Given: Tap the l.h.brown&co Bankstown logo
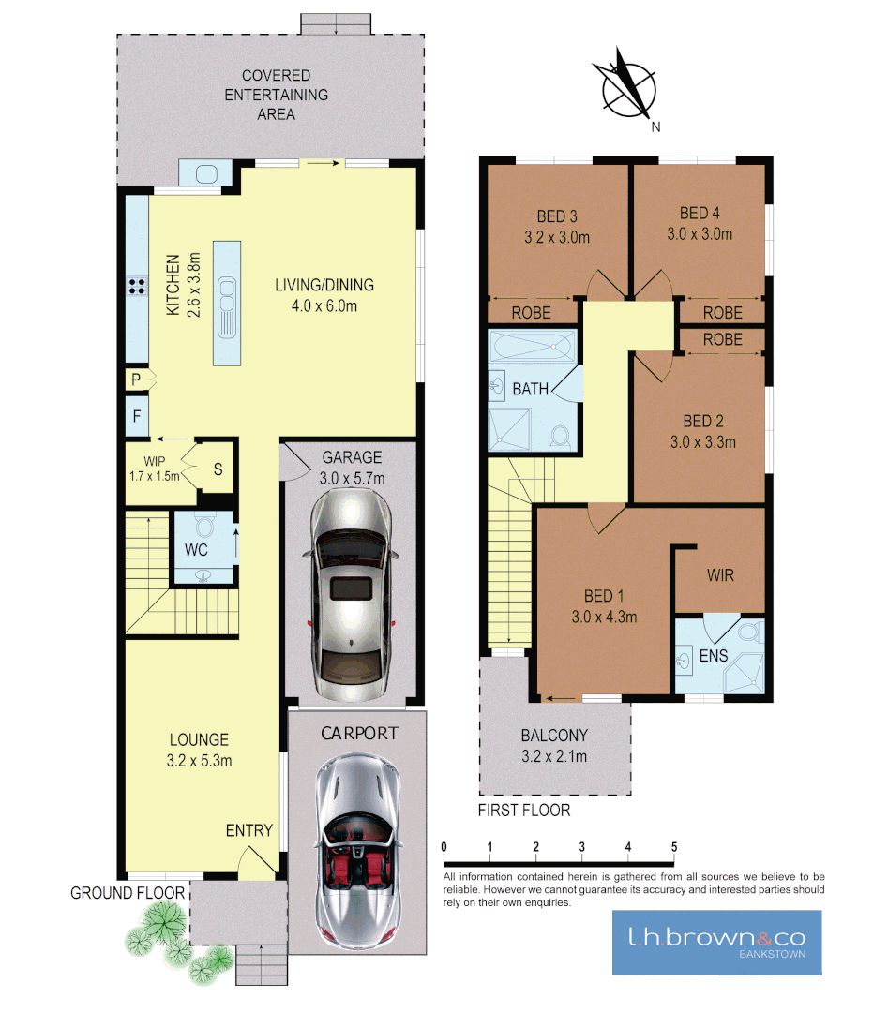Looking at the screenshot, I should point(716,942).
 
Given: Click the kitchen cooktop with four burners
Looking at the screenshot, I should point(136,288).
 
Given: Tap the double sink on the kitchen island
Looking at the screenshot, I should point(227,305).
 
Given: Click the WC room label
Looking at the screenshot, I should point(196,550).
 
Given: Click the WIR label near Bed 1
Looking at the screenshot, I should point(720,575).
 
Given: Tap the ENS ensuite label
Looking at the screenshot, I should point(714,656).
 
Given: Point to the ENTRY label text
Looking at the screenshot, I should point(249,830).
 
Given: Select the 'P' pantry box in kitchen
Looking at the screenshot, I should point(137,379).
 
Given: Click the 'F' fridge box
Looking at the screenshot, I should point(137,418).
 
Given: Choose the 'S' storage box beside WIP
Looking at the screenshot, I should point(218,469).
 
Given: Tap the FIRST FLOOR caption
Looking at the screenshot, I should point(524,810).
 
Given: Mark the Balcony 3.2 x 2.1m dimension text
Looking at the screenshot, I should point(553,757).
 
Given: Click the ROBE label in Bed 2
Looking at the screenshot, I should point(722,339).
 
